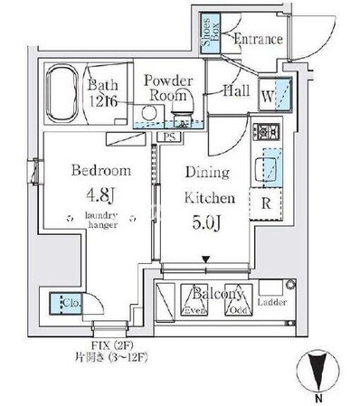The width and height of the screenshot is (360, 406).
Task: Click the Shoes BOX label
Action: point(206,31)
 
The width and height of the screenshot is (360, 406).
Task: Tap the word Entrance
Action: point(259,40)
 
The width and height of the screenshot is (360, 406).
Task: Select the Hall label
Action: point(236,90)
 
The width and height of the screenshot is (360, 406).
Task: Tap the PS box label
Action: point(169,137)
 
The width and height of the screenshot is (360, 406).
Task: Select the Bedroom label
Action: point(100,170)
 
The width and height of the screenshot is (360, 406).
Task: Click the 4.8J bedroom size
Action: point(101,194)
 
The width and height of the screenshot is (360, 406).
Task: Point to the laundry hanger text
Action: point(101,222)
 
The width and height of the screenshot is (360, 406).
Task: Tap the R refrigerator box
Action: point(267,203)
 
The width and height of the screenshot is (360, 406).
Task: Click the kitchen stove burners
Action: point(268,131)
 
